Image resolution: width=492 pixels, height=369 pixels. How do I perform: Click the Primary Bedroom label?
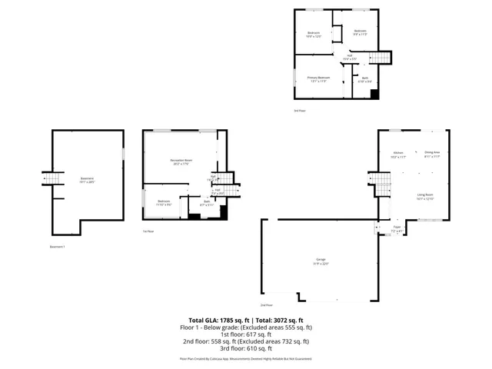(318, 78)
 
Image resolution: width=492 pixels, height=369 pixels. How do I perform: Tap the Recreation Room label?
(181, 161)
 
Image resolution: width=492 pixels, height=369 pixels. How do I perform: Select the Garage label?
(319, 261)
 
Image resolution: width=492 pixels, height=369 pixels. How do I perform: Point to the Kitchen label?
(399, 155)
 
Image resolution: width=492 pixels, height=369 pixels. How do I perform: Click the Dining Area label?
(432, 154)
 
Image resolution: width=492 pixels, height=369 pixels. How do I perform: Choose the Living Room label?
(425, 197)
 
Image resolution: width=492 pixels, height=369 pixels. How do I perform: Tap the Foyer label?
(397, 228)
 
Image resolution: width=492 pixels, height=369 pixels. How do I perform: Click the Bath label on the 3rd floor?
(365, 79)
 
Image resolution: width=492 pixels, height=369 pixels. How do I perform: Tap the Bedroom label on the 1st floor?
(163, 203)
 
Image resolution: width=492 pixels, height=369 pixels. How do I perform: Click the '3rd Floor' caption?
(300, 111)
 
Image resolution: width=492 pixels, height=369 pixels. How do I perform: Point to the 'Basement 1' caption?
(58, 247)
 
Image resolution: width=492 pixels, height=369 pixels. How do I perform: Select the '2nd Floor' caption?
(268, 306)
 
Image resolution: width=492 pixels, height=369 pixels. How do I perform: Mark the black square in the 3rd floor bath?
(374, 94)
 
